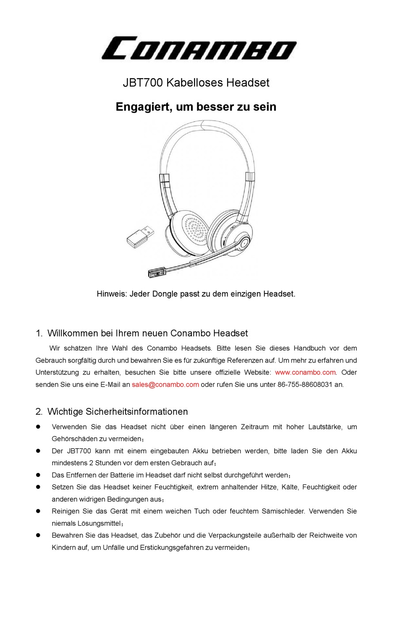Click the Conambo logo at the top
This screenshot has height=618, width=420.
click(199, 49)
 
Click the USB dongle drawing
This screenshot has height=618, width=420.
click(141, 235)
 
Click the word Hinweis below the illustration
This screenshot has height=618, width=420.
click(111, 294)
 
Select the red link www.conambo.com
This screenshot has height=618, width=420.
click(305, 373)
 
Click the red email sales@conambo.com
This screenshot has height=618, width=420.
click(165, 385)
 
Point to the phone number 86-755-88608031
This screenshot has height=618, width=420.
click(305, 385)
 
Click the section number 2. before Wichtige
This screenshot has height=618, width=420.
click(39, 412)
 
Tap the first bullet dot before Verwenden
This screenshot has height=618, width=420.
click(38, 427)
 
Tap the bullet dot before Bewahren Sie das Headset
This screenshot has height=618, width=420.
click(38, 535)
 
